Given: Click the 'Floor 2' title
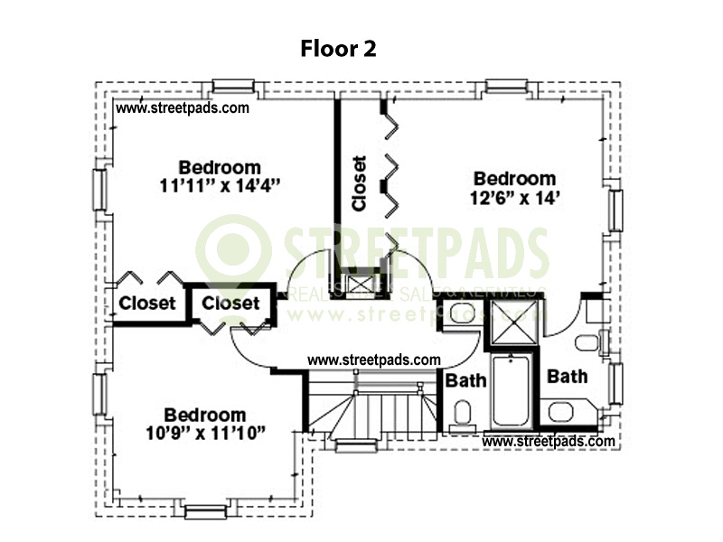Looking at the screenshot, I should (x=338, y=49).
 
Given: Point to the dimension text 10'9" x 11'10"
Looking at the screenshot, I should (x=205, y=433).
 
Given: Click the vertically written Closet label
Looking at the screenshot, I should (x=360, y=183).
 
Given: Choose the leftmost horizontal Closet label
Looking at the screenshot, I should (x=146, y=304).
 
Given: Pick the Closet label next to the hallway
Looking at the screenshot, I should (x=230, y=304).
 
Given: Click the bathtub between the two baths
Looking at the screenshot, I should (x=512, y=391).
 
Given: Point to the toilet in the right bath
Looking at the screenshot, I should (x=587, y=341).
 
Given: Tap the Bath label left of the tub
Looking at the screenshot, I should (x=466, y=380).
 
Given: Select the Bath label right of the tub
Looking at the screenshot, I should (x=568, y=376).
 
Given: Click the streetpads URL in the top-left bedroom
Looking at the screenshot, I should (x=183, y=107).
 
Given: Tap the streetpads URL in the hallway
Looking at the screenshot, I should (x=373, y=360).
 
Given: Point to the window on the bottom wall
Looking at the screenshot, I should (x=203, y=511).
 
